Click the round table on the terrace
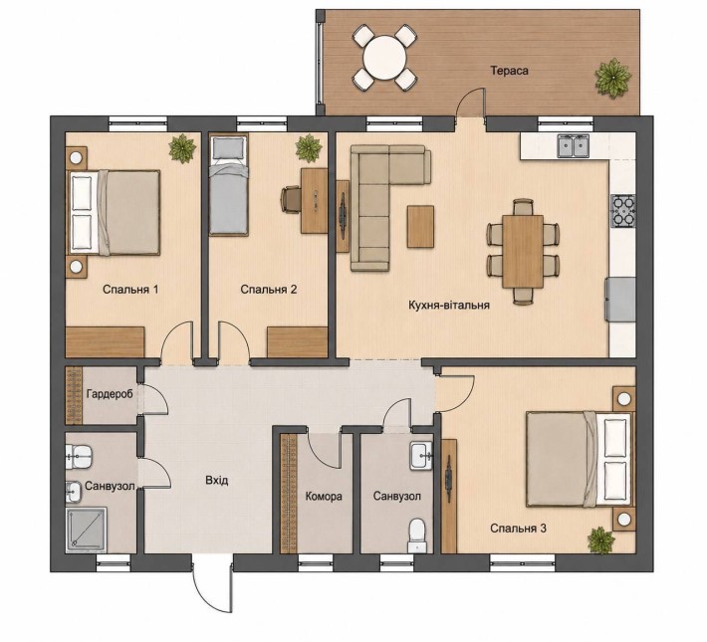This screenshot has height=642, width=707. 385,58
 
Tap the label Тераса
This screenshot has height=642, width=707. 509,71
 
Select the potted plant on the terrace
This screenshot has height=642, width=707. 612,78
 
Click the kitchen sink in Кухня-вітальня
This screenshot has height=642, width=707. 574,146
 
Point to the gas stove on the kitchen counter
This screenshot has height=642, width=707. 623,211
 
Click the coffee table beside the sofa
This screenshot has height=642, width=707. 420,226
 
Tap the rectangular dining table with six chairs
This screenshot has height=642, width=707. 523,251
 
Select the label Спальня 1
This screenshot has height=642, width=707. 130,289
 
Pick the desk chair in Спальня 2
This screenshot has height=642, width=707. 291,199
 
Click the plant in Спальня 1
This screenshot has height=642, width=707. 182,148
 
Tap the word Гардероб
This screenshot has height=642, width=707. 110,394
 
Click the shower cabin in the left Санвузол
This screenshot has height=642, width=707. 87,530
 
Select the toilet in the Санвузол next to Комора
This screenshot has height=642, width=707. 416,535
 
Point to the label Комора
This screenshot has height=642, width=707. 324,497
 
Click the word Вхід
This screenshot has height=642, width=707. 217,480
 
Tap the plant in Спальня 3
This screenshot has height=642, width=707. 600,540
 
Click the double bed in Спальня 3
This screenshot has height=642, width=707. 580,458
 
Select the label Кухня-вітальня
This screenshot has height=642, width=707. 449,305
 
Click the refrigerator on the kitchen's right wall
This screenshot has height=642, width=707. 620,300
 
